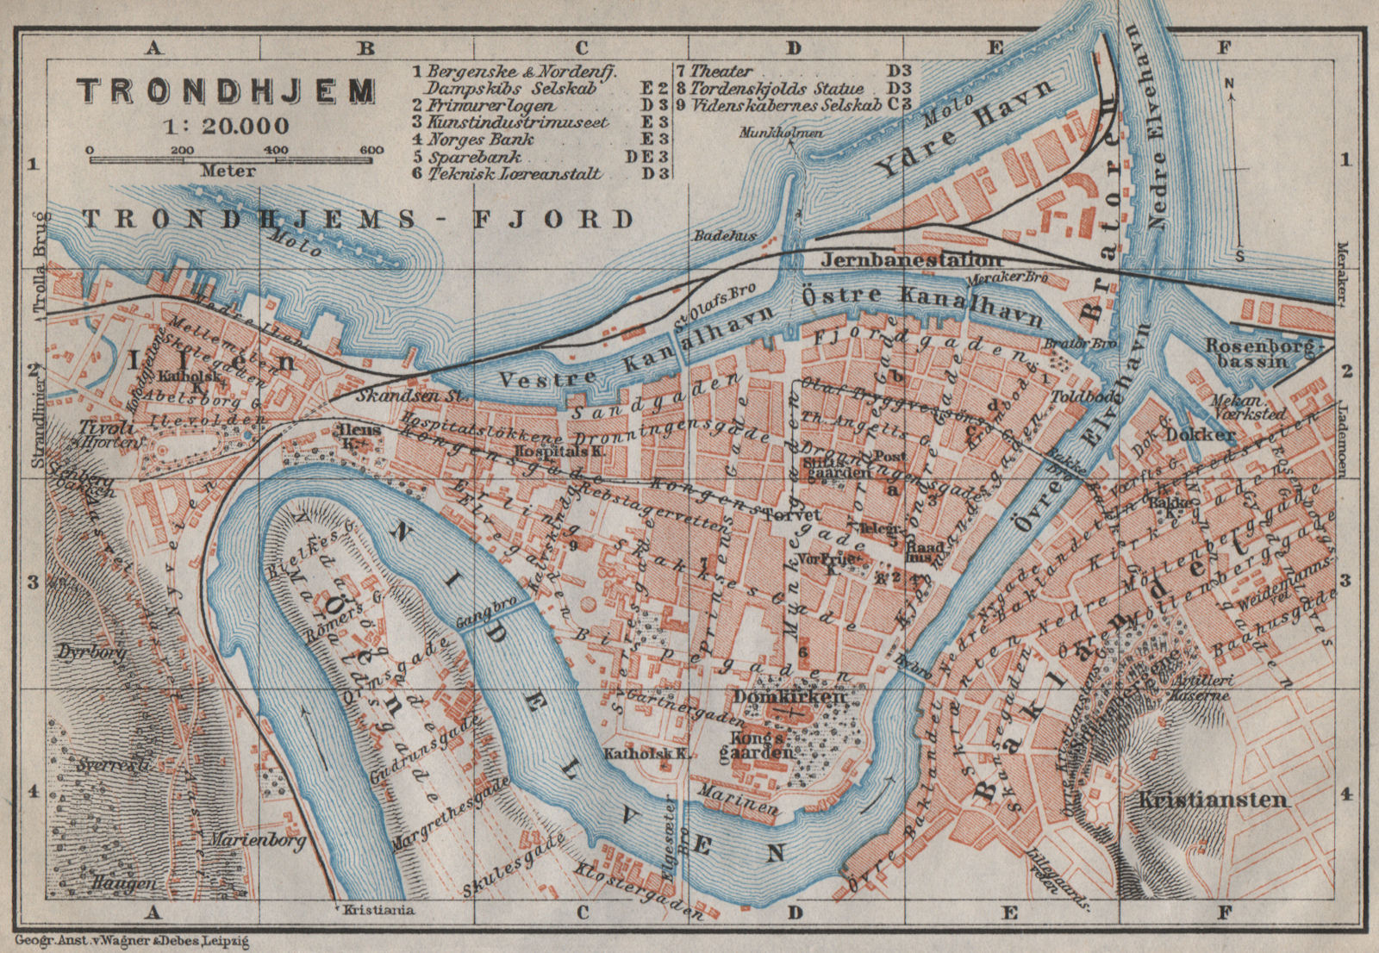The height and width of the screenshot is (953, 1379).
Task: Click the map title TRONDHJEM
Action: click(227, 90)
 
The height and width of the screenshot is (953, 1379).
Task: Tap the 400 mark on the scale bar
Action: click(275, 150)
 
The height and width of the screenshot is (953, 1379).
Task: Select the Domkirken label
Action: click(789, 695)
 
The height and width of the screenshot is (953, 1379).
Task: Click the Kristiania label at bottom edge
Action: click(378, 909)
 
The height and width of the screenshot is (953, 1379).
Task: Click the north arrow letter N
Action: click(1231, 84)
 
